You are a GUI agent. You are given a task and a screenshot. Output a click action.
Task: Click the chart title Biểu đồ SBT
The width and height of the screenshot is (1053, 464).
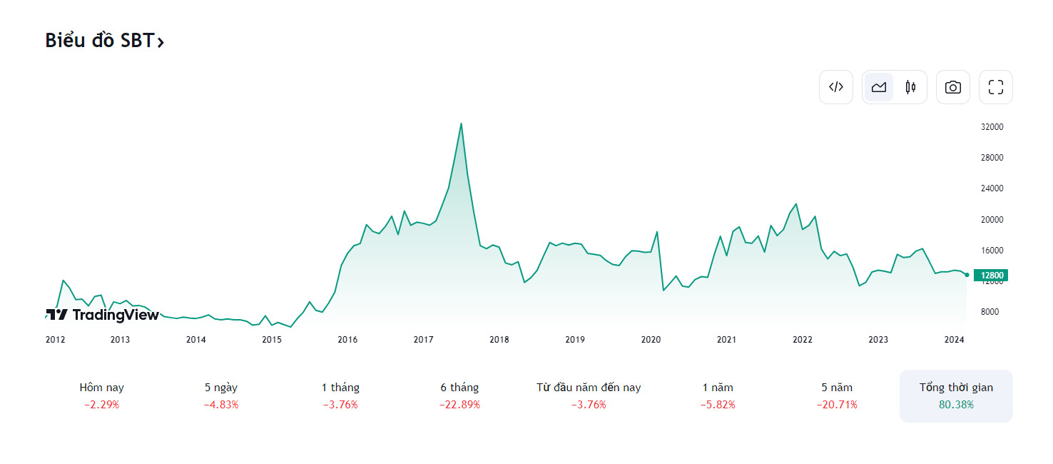tap(104, 41)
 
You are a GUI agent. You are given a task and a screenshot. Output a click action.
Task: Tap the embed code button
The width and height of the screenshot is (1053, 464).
tap(836, 87)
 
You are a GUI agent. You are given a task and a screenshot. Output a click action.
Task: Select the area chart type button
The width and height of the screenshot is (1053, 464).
tap(879, 87)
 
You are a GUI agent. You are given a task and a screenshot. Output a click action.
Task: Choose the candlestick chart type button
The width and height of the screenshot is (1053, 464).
tap(910, 87)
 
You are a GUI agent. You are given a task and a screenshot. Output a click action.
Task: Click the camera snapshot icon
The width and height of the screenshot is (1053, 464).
tap(953, 87)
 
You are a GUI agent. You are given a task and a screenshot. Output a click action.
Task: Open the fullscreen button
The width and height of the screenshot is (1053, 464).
tap(996, 87)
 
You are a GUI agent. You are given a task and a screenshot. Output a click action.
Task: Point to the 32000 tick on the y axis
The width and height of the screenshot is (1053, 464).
tap(992, 127)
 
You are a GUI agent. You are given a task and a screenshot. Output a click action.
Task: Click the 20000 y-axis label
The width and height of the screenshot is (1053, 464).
tap(992, 220)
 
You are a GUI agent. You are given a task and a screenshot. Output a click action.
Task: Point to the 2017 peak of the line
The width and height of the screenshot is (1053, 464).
tap(461, 123)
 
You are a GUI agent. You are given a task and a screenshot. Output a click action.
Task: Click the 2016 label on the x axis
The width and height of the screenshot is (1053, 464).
tap(347, 340)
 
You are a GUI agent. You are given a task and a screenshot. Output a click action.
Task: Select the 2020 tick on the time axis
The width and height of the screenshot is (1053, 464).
tap(651, 340)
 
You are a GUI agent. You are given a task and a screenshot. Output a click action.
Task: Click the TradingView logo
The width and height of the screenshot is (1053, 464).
tap(103, 315)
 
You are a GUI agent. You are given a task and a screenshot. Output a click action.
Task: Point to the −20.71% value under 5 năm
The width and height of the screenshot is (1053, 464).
tap(837, 405)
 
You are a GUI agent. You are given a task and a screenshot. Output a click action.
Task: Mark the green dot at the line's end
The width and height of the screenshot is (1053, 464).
tap(967, 275)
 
